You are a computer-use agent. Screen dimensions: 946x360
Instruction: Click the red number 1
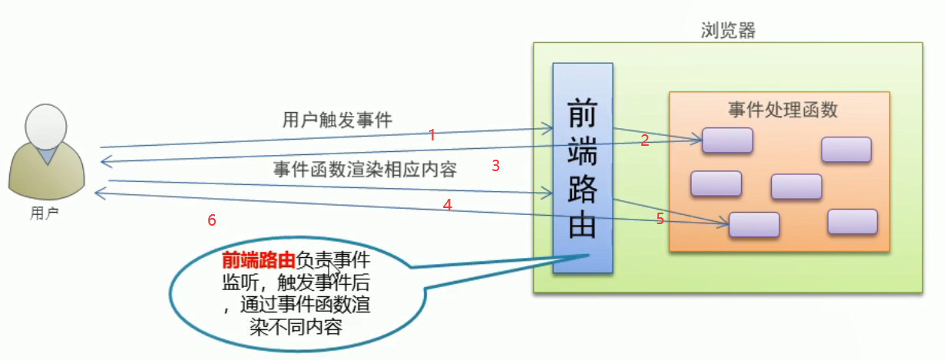click(x=432, y=135)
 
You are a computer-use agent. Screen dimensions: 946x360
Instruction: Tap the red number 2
click(x=645, y=140)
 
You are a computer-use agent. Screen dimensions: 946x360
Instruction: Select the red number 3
click(x=496, y=165)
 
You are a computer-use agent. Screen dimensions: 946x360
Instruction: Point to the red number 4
click(x=447, y=204)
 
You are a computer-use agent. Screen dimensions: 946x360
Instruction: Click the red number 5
click(x=660, y=219)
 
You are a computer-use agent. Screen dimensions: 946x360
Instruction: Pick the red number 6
click(x=212, y=220)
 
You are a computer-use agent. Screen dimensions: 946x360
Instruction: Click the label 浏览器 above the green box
click(x=729, y=31)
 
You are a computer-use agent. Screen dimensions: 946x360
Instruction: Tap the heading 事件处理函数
click(x=782, y=109)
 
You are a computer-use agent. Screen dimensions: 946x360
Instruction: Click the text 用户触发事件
click(x=337, y=120)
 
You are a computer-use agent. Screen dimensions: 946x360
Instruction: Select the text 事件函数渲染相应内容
click(x=365, y=170)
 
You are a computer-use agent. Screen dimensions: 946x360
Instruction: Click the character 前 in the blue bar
click(x=583, y=113)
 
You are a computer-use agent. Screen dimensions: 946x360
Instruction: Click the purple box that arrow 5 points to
click(x=754, y=224)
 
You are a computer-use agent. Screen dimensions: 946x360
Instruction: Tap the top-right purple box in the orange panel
click(x=845, y=149)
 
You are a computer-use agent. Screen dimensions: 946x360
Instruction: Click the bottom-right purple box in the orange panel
click(x=852, y=221)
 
